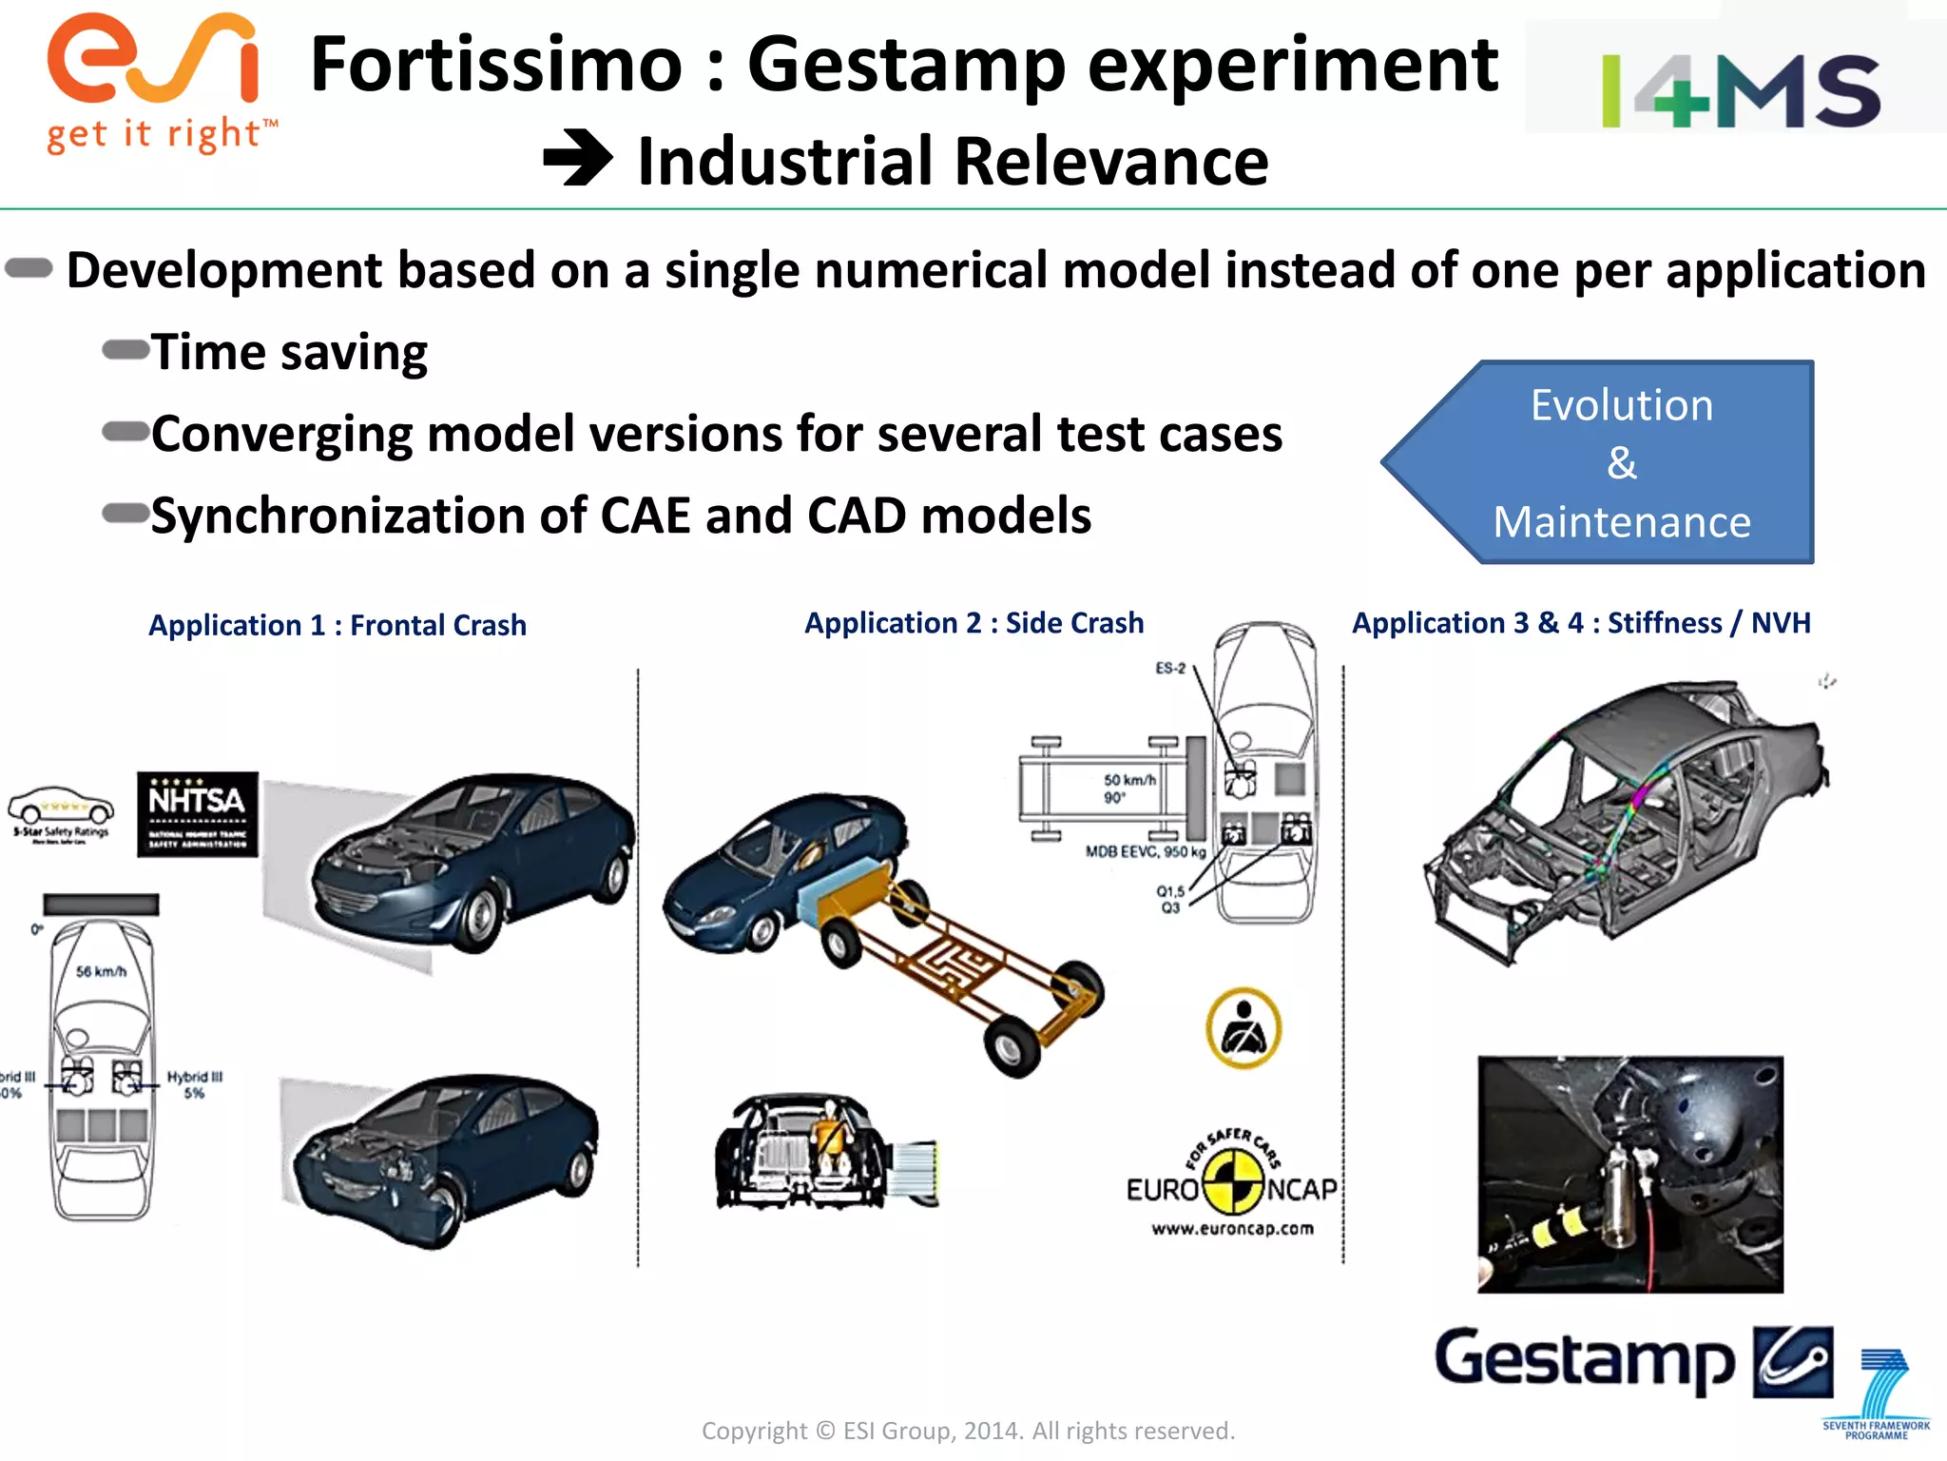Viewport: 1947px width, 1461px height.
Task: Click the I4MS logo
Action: pyautogui.click(x=1740, y=90)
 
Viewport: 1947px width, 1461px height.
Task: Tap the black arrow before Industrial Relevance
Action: pyautogui.click(x=578, y=159)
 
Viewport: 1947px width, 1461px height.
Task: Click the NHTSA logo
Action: pyautogui.click(x=198, y=814)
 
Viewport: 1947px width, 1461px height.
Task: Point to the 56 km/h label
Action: pyautogui.click(x=101, y=971)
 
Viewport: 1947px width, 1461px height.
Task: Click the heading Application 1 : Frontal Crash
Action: pyautogui.click(x=337, y=625)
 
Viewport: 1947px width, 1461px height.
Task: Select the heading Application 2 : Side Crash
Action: pyautogui.click(x=973, y=623)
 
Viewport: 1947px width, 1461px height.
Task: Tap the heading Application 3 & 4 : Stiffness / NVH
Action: pyautogui.click(x=1581, y=623)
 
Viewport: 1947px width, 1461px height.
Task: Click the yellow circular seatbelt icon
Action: pyautogui.click(x=1243, y=1028)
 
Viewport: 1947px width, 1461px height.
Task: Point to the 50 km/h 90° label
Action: pyautogui.click(x=1128, y=788)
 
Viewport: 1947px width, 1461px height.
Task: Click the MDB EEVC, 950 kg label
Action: pyautogui.click(x=1145, y=851)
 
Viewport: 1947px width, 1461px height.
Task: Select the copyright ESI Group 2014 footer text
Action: pyautogui.click(x=968, y=1431)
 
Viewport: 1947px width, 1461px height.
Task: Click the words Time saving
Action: pyautogui.click(x=289, y=352)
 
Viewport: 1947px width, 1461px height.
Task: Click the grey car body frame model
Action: pyautogui.click(x=1626, y=818)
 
